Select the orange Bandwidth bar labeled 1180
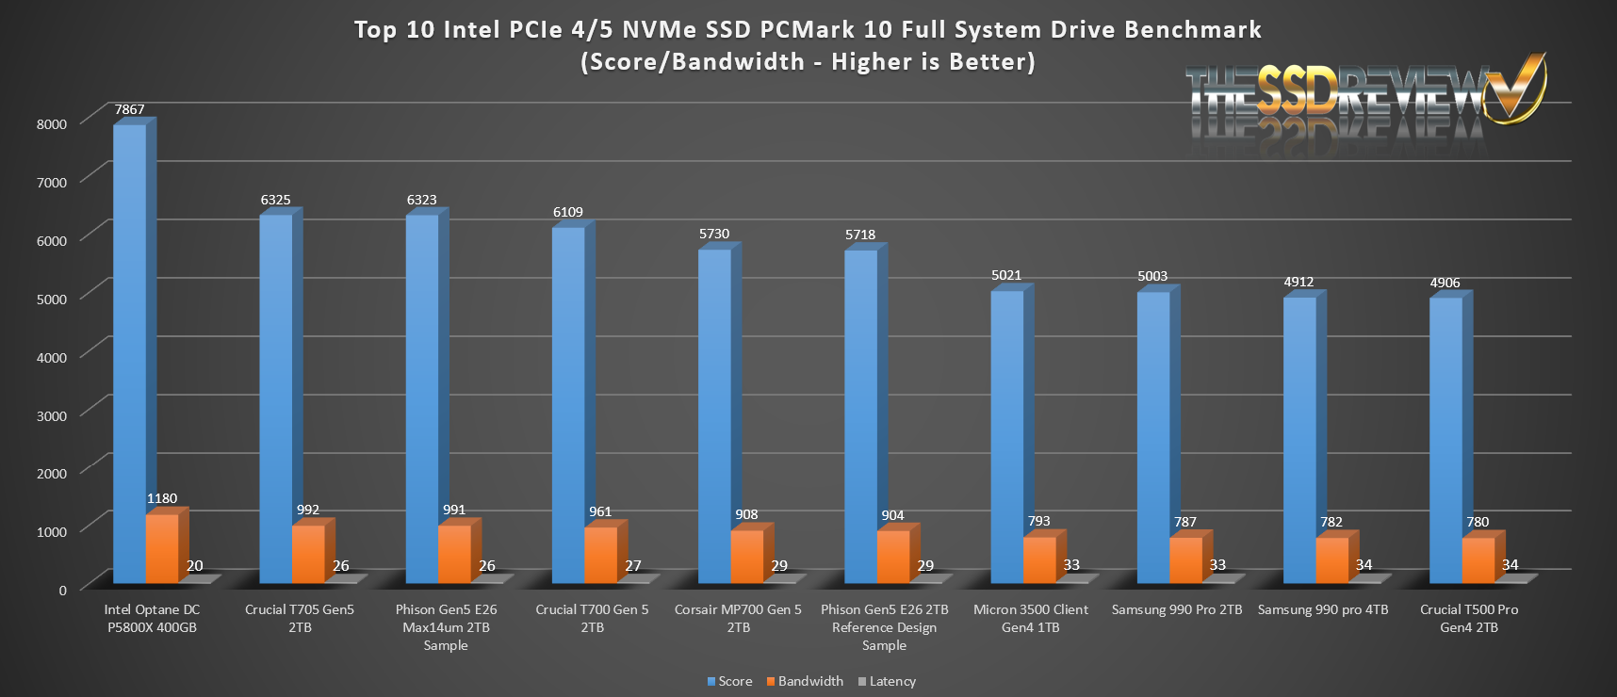click(162, 549)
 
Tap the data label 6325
click(275, 200)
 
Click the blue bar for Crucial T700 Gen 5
click(568, 405)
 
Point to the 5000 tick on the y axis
click(52, 299)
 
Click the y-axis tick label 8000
click(52, 123)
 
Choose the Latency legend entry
click(887, 681)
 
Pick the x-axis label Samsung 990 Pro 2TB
click(1177, 609)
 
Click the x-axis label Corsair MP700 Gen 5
click(738, 618)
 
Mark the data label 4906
click(1445, 283)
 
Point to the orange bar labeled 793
click(1039, 559)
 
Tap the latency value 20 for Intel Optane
click(195, 566)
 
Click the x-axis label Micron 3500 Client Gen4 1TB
click(1030, 618)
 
